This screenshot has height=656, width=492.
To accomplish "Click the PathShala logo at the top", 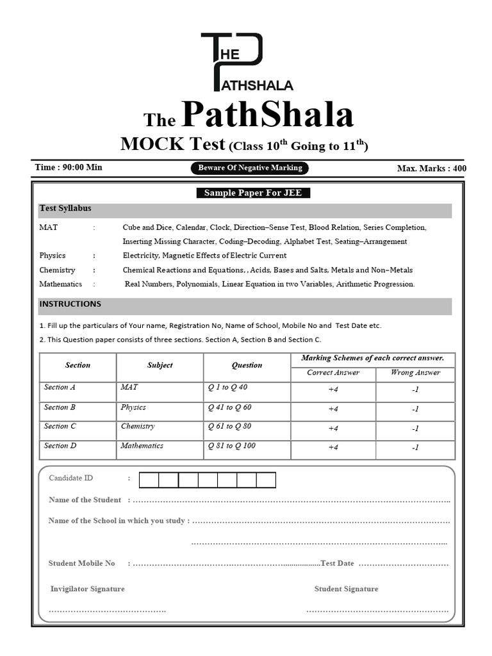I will (247, 61).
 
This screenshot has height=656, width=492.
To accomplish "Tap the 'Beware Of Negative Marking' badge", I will (250, 168).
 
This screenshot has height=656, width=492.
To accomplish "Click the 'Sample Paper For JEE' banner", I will (252, 193).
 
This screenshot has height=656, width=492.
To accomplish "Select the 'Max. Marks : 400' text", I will (431, 168).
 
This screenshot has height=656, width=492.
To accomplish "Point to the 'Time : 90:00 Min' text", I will (69, 167).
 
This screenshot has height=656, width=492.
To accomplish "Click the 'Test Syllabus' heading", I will (65, 209).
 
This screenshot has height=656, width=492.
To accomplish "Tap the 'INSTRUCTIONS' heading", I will (70, 304).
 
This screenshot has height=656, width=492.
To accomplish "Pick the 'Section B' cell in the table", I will (60, 407).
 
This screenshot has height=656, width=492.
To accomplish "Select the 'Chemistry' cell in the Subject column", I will (138, 427).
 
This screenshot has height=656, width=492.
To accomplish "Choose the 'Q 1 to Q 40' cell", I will (227, 388).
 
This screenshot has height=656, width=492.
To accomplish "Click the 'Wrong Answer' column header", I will (416, 373).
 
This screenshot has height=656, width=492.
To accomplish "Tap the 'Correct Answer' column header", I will (333, 373).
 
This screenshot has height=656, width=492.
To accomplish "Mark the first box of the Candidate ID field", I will (149, 480).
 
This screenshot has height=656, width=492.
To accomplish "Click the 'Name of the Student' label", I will (85, 500).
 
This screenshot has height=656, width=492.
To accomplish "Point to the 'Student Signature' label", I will (346, 589).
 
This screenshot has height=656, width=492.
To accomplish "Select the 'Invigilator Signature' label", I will (87, 589).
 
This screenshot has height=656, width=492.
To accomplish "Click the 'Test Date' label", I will (337, 564).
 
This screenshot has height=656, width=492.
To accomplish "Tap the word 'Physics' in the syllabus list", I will (53, 256).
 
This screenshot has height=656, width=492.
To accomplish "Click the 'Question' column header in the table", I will (247, 365).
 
